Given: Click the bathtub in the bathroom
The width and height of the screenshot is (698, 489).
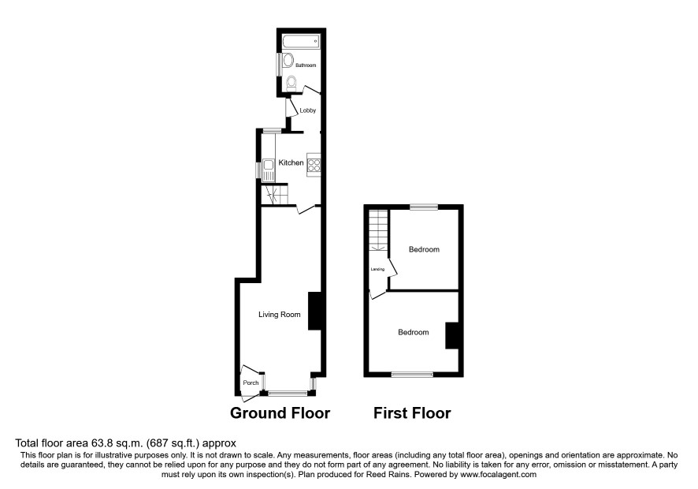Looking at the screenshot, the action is [x=300, y=42].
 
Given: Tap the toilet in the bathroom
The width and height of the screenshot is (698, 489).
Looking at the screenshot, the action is [x=291, y=83].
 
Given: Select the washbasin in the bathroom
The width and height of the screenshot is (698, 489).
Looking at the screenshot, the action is [x=288, y=63].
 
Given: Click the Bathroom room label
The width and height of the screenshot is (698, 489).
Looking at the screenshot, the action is [x=306, y=65].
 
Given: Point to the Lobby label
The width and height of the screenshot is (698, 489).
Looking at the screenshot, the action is [x=307, y=110].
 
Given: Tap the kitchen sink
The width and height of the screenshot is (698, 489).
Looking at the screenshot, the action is [x=268, y=170].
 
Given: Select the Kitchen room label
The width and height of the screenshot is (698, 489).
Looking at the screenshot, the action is [x=291, y=162].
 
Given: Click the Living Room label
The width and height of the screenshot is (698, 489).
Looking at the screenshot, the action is [x=280, y=315].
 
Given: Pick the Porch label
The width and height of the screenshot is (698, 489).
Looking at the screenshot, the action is [x=251, y=383].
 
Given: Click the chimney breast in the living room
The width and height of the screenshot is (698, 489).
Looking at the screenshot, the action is [x=314, y=311].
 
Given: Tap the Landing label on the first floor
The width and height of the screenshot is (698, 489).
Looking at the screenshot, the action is [x=377, y=269].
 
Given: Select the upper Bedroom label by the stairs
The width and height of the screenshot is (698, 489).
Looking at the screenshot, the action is [x=424, y=249].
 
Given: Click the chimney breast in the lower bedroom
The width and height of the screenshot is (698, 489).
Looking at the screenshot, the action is [x=452, y=335].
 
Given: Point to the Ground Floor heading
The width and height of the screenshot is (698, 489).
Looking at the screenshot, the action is [x=280, y=413].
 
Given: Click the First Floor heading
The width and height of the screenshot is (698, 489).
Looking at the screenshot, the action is [x=412, y=413].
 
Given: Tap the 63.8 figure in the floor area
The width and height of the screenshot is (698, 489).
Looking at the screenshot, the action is [x=100, y=443].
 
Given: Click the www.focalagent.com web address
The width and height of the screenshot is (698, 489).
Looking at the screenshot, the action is [x=498, y=475].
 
